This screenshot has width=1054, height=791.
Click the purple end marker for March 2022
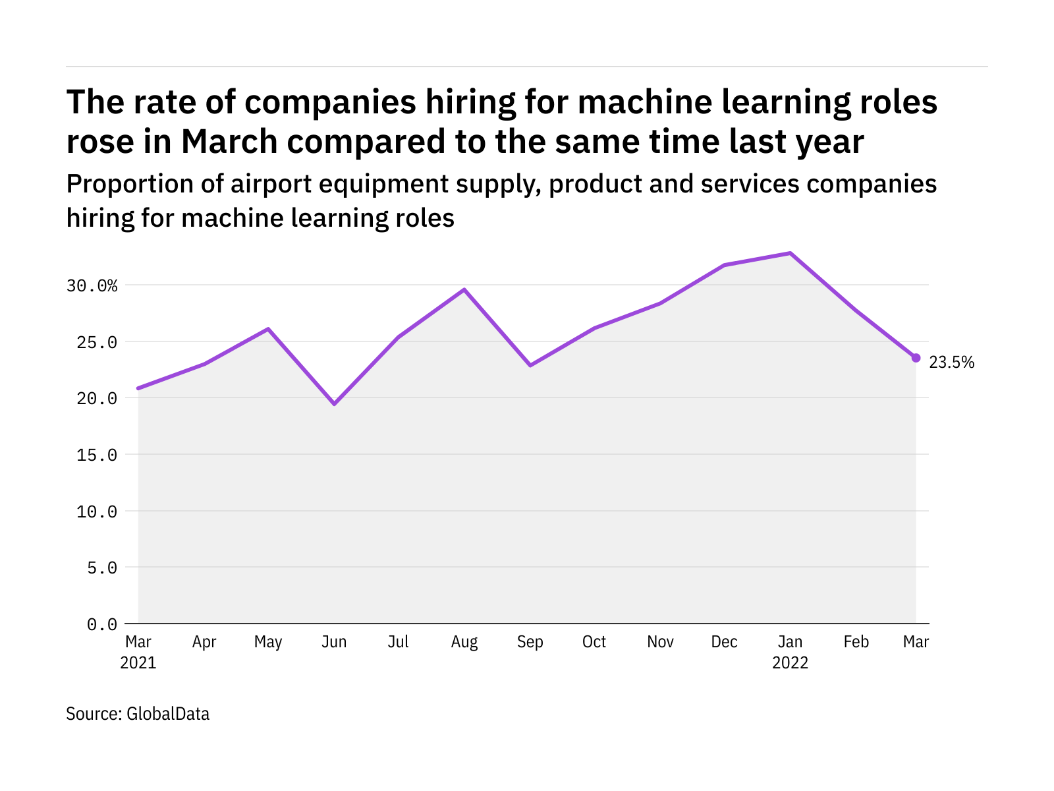pyautogui.click(x=916, y=358)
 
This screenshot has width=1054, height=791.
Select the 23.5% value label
pyautogui.click(x=951, y=362)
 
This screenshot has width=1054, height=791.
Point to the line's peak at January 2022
pyautogui.click(x=790, y=253)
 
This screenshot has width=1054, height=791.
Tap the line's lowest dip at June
pyautogui.click(x=335, y=403)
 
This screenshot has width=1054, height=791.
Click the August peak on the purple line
pyautogui.click(x=464, y=289)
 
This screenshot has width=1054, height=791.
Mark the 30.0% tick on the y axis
pyautogui.click(x=92, y=285)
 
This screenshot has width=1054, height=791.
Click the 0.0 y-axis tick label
pyautogui.click(x=102, y=624)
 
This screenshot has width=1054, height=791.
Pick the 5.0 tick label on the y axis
pyautogui.click(x=102, y=568)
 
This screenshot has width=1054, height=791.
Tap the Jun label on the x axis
pyautogui.click(x=334, y=642)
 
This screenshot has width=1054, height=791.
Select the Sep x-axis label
pyautogui.click(x=530, y=642)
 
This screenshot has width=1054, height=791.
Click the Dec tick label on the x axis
pyautogui.click(x=724, y=642)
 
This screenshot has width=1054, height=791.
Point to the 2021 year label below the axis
pyautogui.click(x=138, y=662)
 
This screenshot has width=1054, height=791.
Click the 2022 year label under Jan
pyautogui.click(x=790, y=662)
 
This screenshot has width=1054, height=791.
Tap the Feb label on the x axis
pyautogui.click(x=856, y=642)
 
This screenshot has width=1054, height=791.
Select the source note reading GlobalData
pyautogui.click(x=138, y=714)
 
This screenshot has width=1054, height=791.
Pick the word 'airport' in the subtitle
pyautogui.click(x=269, y=184)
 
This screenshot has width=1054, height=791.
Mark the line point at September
pyautogui.click(x=530, y=365)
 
